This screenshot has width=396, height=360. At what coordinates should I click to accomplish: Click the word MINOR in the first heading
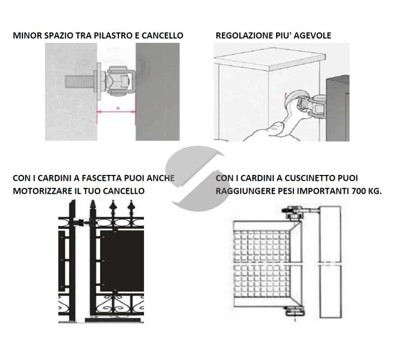25,36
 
